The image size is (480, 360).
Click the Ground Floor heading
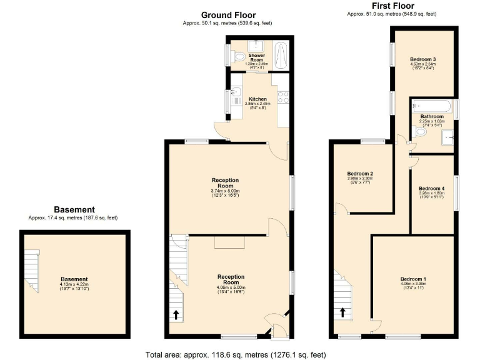[x=227, y=15]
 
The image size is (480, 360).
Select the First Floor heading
[x=392, y=6]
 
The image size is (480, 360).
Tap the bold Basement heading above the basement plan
[x=74, y=210]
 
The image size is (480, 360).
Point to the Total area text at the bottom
[x=236, y=354]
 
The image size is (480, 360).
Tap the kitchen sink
[x=236, y=95]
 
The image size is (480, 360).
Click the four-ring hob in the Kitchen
[x=282, y=97]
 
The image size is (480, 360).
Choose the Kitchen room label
[x=258, y=99]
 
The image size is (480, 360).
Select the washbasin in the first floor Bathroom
[x=447, y=137]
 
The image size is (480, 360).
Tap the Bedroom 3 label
[x=422, y=59]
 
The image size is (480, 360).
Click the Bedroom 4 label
[x=431, y=188]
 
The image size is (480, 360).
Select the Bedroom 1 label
[x=414, y=279]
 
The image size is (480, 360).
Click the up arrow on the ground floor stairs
[x=176, y=314]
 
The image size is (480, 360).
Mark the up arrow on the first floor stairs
[x=342, y=312]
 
